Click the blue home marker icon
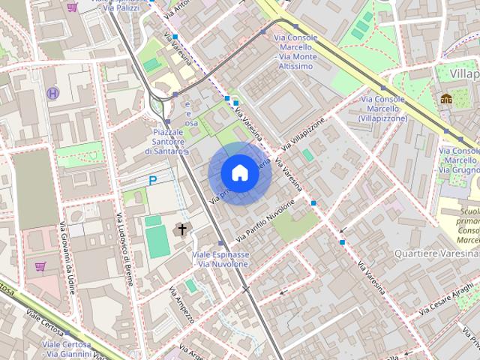click(240, 173)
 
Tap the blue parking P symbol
click(153, 180)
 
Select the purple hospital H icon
click(52, 94)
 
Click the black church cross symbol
click(181, 229)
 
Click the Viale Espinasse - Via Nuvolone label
click(221, 259)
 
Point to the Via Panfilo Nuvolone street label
click(265, 221)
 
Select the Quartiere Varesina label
click(430, 253)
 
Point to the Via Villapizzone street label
click(304, 133)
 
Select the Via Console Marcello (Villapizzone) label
click(382, 109)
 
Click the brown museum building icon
click(446, 98)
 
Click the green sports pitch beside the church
click(157, 240)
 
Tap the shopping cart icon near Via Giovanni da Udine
click(40, 265)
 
